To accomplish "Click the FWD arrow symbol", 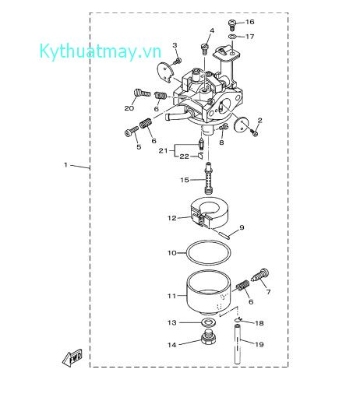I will tap(72, 358).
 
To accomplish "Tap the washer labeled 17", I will tap(233, 36).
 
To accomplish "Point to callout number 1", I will tap(66, 165).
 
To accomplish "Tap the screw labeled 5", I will tap(129, 132).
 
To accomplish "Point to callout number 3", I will tap(175, 45).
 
